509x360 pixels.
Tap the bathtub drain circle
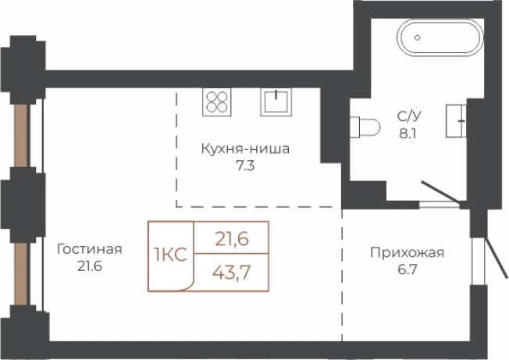(x=418, y=37)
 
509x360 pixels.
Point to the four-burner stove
(x=216, y=102)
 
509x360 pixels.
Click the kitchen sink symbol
(x=275, y=102)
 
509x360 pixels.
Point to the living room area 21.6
(x=90, y=266)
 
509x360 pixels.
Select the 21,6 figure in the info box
(x=231, y=240)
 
